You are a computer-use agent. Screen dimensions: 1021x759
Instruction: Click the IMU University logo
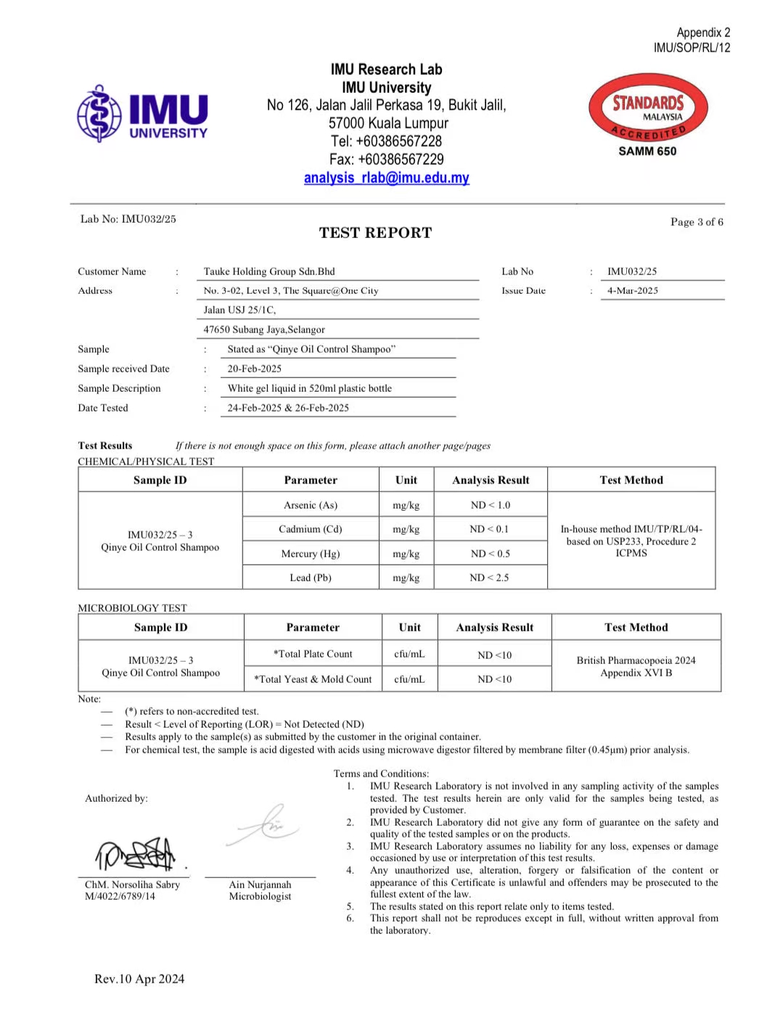click(x=143, y=114)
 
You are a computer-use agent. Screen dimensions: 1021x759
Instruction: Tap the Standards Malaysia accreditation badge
click(x=647, y=109)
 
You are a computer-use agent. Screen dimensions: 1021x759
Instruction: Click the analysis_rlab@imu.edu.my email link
click(x=386, y=178)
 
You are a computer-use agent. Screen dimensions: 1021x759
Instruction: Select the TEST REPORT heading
click(x=375, y=233)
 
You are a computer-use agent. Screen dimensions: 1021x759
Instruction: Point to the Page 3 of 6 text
click(x=697, y=222)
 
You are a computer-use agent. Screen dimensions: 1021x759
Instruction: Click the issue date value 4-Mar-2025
click(x=633, y=290)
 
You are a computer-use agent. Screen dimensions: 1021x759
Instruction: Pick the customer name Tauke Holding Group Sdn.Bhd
click(x=269, y=271)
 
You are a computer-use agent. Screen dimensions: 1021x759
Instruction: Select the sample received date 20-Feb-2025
click(x=255, y=369)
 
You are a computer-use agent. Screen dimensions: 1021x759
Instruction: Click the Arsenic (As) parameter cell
click(x=311, y=505)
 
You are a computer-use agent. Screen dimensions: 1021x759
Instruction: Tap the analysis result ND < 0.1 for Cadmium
click(x=490, y=529)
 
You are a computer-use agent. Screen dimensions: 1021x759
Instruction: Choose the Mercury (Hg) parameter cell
click(x=311, y=554)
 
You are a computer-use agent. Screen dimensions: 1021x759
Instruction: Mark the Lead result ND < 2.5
click(x=490, y=578)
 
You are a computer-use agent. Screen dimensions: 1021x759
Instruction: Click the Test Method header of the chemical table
click(x=631, y=480)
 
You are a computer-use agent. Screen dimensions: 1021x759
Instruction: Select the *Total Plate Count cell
click(x=313, y=654)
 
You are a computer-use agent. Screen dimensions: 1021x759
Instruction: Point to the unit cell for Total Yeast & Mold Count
click(x=409, y=679)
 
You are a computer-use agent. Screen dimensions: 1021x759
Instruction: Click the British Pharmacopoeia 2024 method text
click(x=636, y=660)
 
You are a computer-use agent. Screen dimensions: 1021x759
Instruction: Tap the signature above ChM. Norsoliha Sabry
click(x=136, y=855)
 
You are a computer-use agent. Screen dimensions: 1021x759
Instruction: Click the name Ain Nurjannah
click(x=260, y=885)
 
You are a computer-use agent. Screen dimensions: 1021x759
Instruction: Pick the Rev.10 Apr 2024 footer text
click(x=139, y=979)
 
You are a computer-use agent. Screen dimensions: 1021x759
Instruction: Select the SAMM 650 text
click(x=647, y=151)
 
